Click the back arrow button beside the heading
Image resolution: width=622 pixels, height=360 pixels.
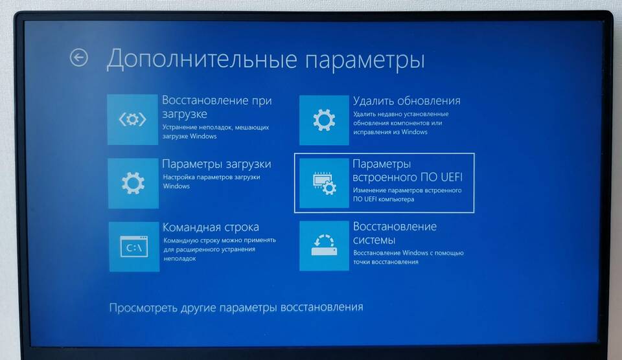[x=79, y=58]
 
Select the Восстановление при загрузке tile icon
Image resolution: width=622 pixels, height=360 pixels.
[x=132, y=119]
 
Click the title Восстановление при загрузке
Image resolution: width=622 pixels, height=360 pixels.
[x=217, y=107]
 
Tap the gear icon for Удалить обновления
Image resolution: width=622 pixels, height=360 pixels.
[x=324, y=120]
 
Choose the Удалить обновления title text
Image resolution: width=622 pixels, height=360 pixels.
[x=407, y=101]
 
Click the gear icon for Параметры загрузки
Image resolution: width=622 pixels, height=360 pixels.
[x=133, y=183]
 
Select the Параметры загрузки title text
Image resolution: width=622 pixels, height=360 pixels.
[x=216, y=164]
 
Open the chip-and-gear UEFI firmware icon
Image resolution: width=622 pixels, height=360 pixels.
[x=324, y=183]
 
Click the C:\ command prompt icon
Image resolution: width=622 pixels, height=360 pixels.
[x=134, y=247]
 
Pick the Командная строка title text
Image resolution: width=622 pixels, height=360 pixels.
[x=211, y=227]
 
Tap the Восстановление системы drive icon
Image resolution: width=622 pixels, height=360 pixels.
[x=324, y=246]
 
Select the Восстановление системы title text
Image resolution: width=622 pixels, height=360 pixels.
[x=395, y=233]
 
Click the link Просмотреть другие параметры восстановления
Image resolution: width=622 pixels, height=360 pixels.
[x=236, y=308]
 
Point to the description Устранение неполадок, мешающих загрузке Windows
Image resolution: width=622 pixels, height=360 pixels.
[x=216, y=131]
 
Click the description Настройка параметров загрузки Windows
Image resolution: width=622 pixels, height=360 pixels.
[x=211, y=181]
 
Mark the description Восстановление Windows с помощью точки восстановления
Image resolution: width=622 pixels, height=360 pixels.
[x=408, y=257]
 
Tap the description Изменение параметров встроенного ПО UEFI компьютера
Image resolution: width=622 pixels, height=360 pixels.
[x=408, y=195]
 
